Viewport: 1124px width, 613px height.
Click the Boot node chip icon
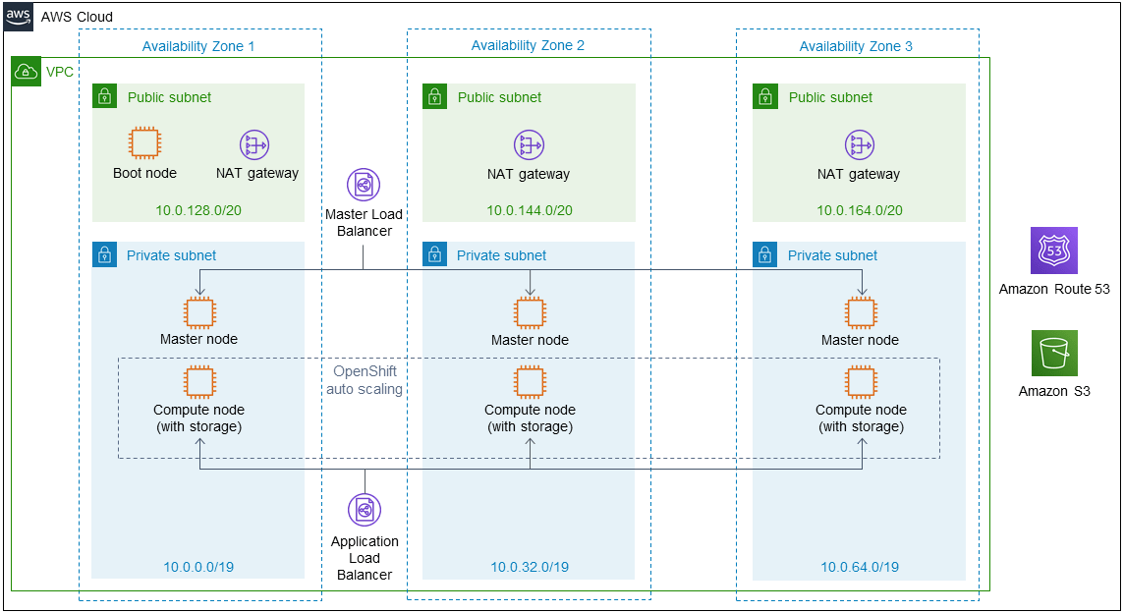click(144, 144)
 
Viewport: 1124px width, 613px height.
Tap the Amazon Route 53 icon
click(1053, 251)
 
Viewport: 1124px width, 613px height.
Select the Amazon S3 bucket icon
click(1053, 354)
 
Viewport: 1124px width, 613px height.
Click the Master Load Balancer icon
click(364, 185)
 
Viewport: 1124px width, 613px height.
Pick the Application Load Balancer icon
click(364, 510)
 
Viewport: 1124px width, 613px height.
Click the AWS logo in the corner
click(19, 17)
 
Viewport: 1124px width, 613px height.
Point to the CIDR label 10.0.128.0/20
click(198, 210)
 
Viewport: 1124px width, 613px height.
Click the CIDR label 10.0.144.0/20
click(529, 210)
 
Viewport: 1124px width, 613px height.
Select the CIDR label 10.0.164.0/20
click(859, 210)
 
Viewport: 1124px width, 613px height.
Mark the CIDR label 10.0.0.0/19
click(198, 567)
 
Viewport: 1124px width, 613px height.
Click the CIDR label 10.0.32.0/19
click(529, 567)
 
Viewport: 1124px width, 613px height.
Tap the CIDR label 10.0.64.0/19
click(859, 567)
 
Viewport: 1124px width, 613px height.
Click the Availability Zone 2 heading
click(528, 46)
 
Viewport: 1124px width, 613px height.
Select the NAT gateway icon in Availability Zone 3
click(860, 145)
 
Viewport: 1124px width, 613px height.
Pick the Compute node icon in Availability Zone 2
click(531, 382)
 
